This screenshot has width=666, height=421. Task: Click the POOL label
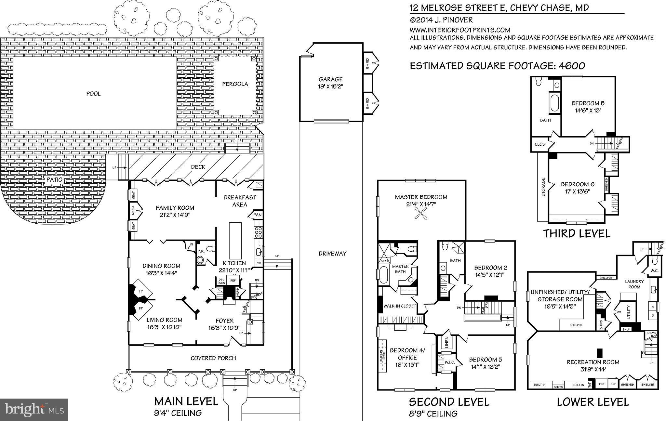[93, 94]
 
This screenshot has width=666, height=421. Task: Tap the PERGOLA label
[235, 84]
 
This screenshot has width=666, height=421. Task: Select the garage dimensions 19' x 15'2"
[330, 86]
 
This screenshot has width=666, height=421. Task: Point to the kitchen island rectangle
[235, 240]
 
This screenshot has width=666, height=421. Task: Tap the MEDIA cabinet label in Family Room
[133, 211]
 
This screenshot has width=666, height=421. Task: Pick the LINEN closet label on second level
[446, 343]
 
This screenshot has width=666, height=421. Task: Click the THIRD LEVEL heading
[577, 233]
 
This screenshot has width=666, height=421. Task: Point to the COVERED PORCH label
[213, 358]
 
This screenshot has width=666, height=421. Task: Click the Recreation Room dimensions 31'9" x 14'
[593, 369]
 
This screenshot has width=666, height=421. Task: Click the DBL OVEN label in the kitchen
[221, 281]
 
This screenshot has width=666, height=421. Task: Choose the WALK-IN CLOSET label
[400, 306]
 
